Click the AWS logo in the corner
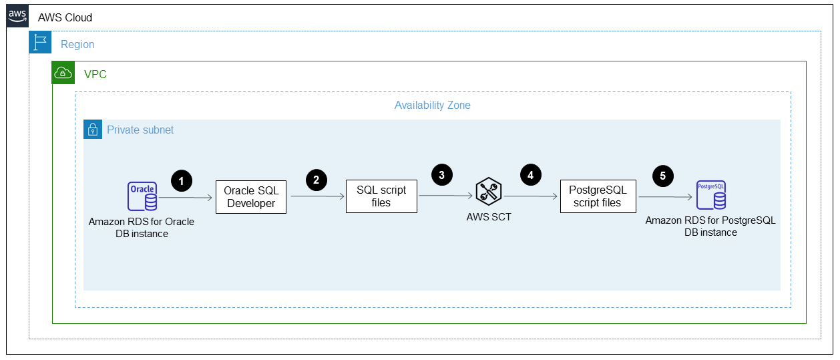click(x=18, y=17)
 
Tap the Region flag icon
click(x=41, y=43)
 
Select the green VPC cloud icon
click(x=64, y=73)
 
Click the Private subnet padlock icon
click(x=93, y=130)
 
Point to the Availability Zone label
click(x=432, y=106)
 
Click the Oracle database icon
click(x=142, y=196)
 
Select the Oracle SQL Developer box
click(x=251, y=197)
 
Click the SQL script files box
click(x=381, y=196)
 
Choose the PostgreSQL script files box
click(x=598, y=196)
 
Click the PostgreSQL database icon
click(x=711, y=194)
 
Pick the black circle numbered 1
click(x=181, y=180)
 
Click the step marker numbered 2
click(x=316, y=180)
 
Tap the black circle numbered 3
click(x=441, y=176)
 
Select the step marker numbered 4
click(x=530, y=176)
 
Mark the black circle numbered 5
click(x=663, y=176)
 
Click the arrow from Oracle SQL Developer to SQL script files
click(x=316, y=197)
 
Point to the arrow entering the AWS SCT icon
click(x=445, y=196)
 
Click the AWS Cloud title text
click(x=65, y=17)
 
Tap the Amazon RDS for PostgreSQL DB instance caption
click(x=710, y=226)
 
